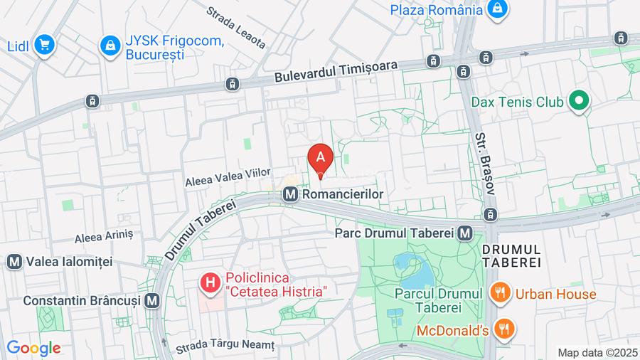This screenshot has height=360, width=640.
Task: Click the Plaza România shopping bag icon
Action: pyautogui.click(x=498, y=9)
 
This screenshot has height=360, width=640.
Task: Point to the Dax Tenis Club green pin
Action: pyautogui.click(x=579, y=102)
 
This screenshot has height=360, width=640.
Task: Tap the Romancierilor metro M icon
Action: pyautogui.click(x=290, y=194)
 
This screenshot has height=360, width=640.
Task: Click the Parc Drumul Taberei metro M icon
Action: pyautogui.click(x=465, y=233)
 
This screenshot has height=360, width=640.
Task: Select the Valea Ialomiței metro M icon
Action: pyautogui.click(x=14, y=261)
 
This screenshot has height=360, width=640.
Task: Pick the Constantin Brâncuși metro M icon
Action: pyautogui.click(x=151, y=301)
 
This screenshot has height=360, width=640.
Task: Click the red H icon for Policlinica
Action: pyautogui.click(x=210, y=284)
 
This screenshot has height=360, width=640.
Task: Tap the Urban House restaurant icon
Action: pyautogui.click(x=501, y=292)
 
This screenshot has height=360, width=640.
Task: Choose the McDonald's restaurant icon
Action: pyautogui.click(x=506, y=329)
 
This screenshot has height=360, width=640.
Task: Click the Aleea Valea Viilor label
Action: pyautogui.click(x=228, y=176)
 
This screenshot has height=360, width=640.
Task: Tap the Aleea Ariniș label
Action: pyautogui.click(x=104, y=234)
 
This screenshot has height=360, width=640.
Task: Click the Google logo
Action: pyautogui.click(x=33, y=349)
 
